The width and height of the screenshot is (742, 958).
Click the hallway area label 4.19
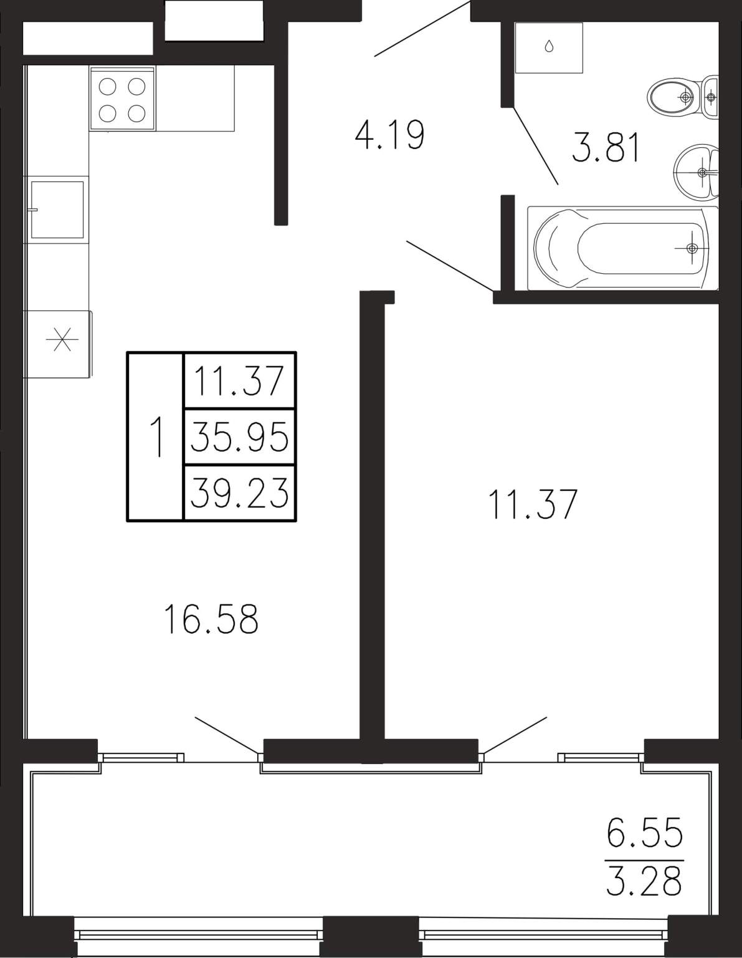(389, 135)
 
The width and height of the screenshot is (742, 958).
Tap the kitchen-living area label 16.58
(211, 619)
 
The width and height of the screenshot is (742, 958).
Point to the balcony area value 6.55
(644, 832)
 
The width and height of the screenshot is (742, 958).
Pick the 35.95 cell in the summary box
(240, 436)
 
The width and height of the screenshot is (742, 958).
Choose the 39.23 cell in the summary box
(240, 492)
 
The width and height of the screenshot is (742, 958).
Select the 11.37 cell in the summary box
(240, 380)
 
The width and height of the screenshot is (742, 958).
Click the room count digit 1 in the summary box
(157, 437)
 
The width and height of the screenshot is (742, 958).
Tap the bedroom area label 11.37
(533, 505)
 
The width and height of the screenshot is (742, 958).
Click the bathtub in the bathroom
(622, 248)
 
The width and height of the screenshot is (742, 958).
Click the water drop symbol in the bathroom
(549, 46)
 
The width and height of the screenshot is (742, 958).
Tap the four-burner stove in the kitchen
(122, 99)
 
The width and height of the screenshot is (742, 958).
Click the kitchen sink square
(57, 210)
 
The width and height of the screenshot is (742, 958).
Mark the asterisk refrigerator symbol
(62, 339)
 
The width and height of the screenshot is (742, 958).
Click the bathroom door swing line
(536, 145)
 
